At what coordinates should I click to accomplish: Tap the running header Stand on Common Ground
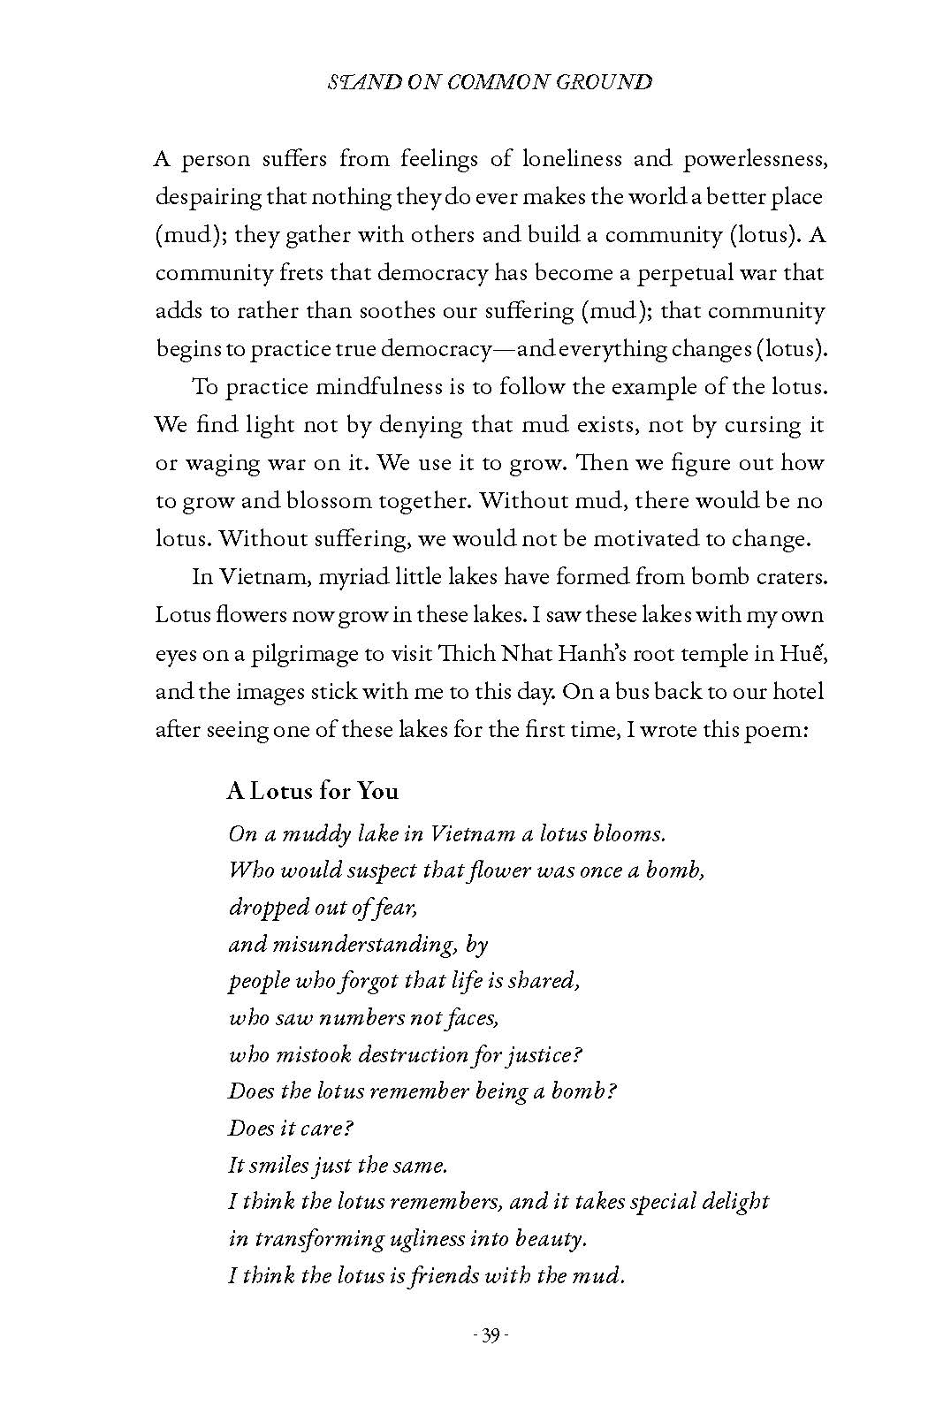coord(490,82)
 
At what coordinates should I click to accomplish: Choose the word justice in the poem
coord(536,1055)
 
